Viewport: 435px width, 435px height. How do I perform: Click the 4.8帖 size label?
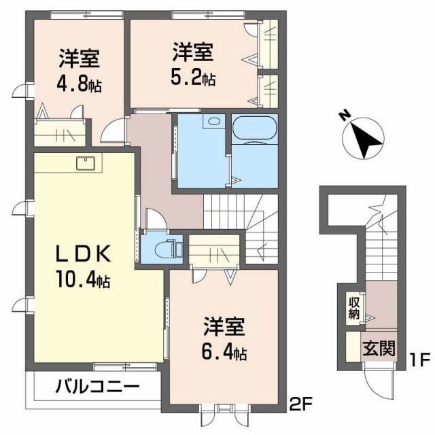pos(79,86)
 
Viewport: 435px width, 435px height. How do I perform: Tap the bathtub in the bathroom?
pos(254,129)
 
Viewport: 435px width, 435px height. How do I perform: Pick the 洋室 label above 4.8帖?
pos(79,59)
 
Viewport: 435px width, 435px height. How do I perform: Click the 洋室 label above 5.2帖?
pos(193,52)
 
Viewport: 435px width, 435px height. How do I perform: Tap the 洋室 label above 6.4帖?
pos(224,327)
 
